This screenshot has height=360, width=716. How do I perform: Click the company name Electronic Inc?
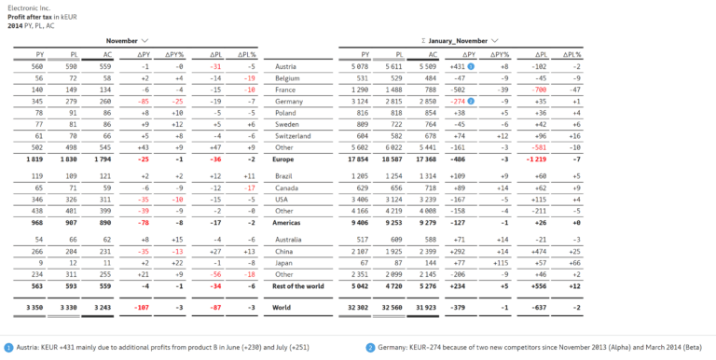point(28,7)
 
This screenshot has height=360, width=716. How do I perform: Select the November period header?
point(122,41)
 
